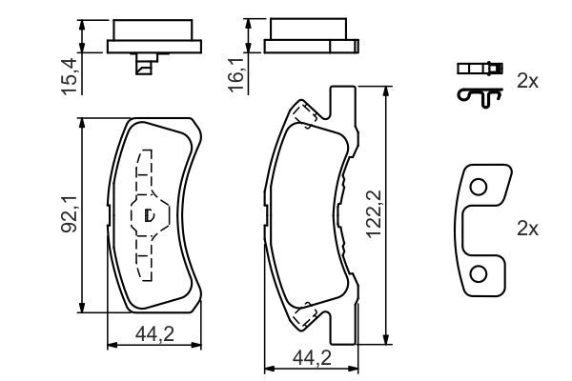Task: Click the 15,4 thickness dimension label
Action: [x=70, y=76]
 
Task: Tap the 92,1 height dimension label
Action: [x=69, y=214]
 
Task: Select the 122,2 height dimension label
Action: [x=374, y=214]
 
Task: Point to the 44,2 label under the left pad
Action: [x=154, y=334]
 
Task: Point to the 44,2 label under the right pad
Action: [x=312, y=358]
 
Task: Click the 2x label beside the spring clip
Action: [x=527, y=81]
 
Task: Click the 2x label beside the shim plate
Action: [x=527, y=229]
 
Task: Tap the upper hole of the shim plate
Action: [x=479, y=188]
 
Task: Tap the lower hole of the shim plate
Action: [x=479, y=274]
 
